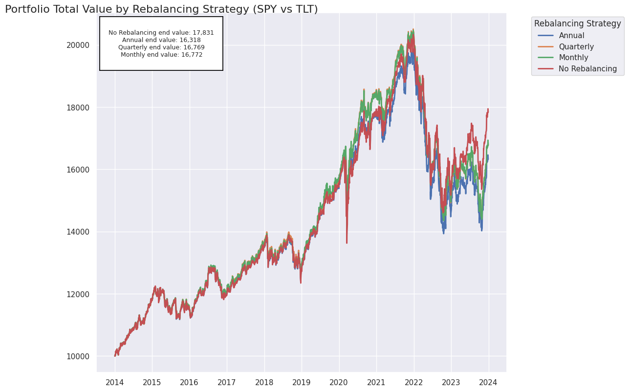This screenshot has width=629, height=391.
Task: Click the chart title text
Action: [161, 9]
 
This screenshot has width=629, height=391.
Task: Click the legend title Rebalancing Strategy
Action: [577, 23]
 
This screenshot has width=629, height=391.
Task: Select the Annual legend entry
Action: [571, 36]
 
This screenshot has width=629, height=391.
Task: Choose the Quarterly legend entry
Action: [576, 47]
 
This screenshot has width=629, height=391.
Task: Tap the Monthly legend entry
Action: [573, 58]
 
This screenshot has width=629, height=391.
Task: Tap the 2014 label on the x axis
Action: [114, 382]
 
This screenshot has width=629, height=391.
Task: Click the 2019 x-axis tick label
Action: [302, 382]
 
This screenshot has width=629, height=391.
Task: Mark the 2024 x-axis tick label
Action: [488, 382]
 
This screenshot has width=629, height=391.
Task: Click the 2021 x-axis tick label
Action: [376, 382]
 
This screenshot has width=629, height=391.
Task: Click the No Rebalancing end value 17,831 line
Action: [161, 33]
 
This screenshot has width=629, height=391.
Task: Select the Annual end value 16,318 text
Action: [161, 40]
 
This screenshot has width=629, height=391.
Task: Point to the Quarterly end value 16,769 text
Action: [161, 47]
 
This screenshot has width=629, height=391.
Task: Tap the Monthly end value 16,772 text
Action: [161, 55]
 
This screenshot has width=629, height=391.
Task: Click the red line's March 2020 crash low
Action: [347, 242]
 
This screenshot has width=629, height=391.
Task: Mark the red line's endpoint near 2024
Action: [488, 109]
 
